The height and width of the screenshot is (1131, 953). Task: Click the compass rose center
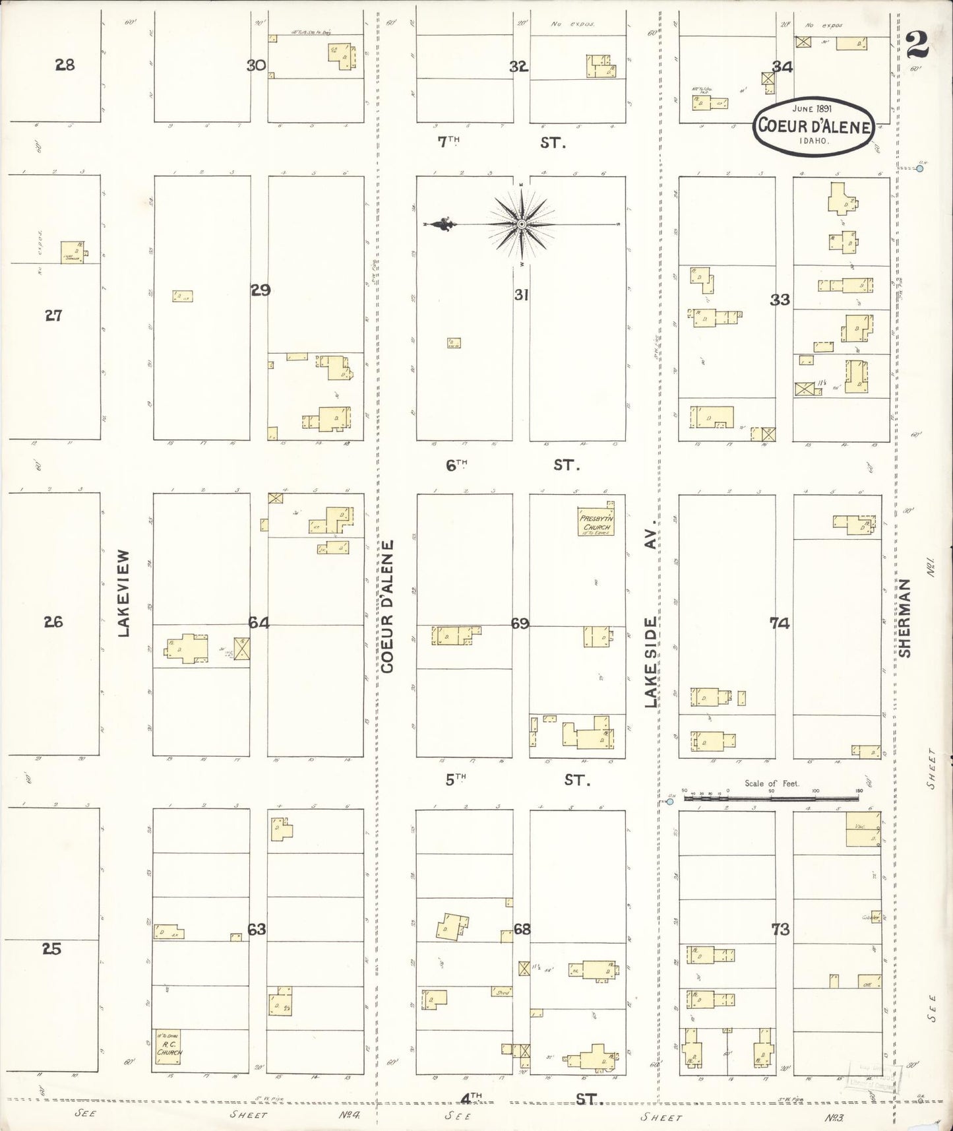pyautogui.click(x=522, y=225)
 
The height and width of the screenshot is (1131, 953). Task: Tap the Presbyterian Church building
pyautogui.click(x=596, y=521)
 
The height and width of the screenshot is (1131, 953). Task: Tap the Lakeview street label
pyautogui.click(x=125, y=594)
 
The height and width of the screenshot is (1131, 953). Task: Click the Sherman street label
pyautogui.click(x=905, y=618)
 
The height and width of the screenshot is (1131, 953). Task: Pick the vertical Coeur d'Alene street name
pyautogui.click(x=387, y=606)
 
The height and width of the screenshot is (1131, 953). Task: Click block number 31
pyautogui.click(x=521, y=295)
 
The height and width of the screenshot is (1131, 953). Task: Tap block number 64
pyautogui.click(x=259, y=622)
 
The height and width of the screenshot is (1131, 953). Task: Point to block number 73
pyautogui.click(x=780, y=930)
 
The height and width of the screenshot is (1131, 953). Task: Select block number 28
pyautogui.click(x=65, y=65)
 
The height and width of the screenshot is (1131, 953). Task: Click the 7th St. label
pyautogui.click(x=501, y=142)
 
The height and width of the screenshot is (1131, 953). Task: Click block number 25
pyautogui.click(x=52, y=949)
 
